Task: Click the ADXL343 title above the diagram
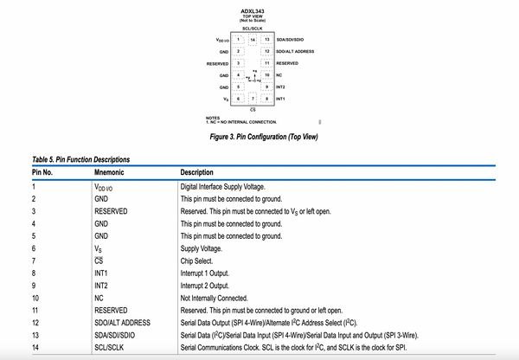(x=253, y=10)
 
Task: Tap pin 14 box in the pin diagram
(x=253, y=40)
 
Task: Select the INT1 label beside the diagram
(x=281, y=100)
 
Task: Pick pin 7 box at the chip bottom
(x=253, y=100)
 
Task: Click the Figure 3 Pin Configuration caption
(x=263, y=136)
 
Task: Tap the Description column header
(x=196, y=172)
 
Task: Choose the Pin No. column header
(x=43, y=172)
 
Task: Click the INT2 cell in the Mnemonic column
(x=102, y=284)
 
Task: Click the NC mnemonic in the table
(x=99, y=297)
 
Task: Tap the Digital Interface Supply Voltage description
(x=227, y=185)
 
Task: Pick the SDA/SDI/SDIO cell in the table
(x=116, y=334)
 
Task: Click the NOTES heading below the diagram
(x=213, y=117)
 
